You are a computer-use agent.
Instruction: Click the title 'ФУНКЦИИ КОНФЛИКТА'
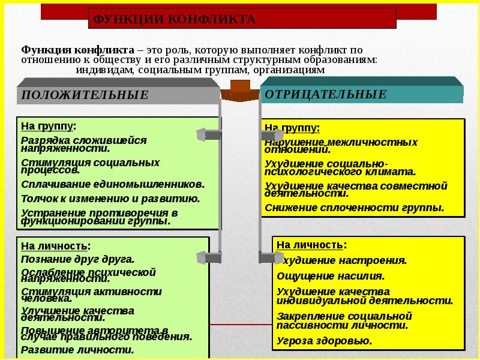tap(174, 20)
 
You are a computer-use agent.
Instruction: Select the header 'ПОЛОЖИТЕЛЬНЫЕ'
tap(85, 95)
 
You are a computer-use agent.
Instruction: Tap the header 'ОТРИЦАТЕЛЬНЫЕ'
tap(325, 94)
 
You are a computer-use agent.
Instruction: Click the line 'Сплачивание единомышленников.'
tap(113, 184)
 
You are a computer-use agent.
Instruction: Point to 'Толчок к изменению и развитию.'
tap(110, 198)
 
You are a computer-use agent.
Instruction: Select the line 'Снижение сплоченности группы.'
tap(354, 208)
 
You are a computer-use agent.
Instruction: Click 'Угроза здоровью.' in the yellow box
tap(324, 340)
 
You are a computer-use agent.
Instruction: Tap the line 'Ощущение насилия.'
tap(322, 276)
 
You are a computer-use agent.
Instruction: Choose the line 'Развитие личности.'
tap(77, 349)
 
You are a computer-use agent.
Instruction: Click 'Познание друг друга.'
tap(77, 259)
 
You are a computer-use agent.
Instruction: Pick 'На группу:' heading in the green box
tap(49, 127)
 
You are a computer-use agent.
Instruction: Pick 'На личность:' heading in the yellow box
tap(311, 245)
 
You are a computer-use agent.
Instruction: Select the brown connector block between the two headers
tap(241, 88)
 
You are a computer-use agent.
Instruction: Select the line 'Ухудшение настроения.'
tap(342, 260)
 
